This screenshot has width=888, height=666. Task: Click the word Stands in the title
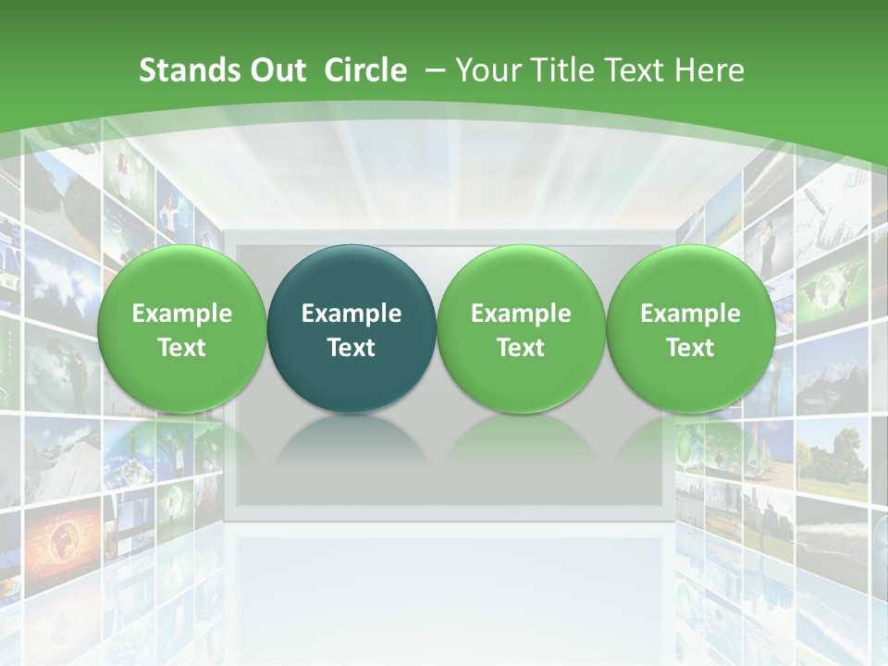coord(183,70)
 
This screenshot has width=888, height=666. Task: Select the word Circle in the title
coord(365,70)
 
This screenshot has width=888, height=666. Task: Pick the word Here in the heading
coord(708,70)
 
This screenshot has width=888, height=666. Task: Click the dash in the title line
coord(433,70)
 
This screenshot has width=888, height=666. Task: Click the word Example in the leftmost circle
coord(182,314)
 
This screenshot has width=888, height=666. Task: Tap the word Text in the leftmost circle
coord(182,348)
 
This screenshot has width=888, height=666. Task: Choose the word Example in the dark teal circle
coord(351,314)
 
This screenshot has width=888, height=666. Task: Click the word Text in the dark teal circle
coord(351,348)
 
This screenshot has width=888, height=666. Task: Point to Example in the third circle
coord(521,314)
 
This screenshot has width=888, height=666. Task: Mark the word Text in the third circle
coord(521,348)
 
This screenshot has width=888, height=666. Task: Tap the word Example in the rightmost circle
coord(690,314)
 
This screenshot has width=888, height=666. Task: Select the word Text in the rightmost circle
coord(690,348)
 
